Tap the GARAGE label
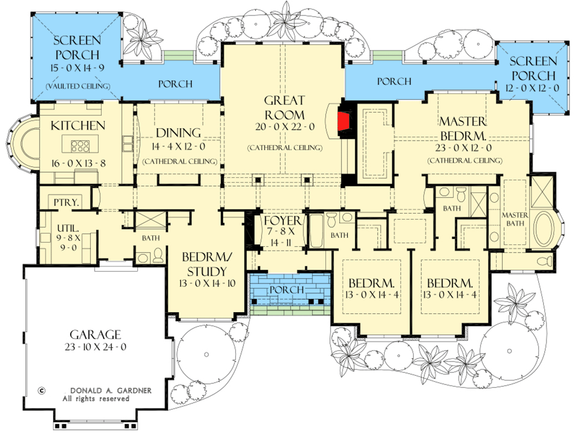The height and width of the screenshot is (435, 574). tap(95, 334)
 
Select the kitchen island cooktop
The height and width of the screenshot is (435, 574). tap(79, 143)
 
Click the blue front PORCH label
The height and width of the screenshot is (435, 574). tap(286, 289)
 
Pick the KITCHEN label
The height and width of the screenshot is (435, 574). tap(78, 125)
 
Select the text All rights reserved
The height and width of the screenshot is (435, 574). tap(95, 398)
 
